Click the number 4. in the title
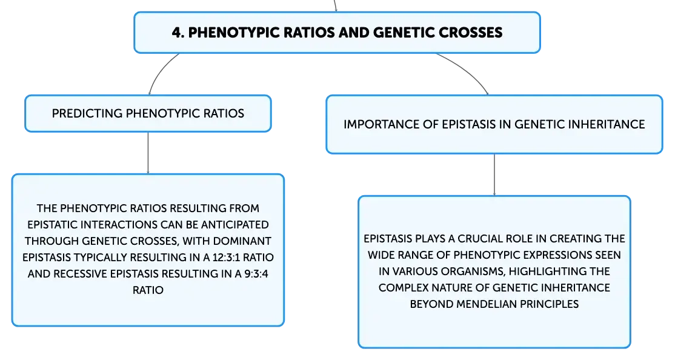pos(178,33)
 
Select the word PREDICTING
pos(87,113)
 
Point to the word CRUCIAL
pos(477,239)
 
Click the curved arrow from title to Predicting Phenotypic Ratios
pos(160,70)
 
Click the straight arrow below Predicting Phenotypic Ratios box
pos(148,153)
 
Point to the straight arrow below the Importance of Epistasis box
pos(494,175)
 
